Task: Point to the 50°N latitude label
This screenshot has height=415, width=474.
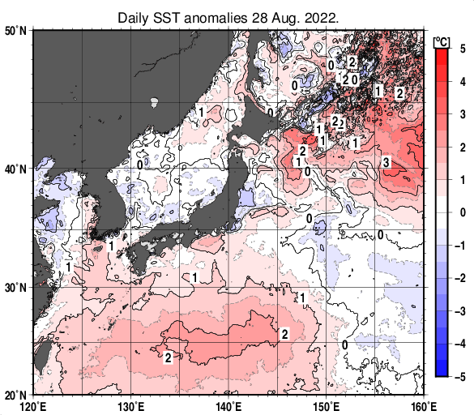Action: pyautogui.click(x=15, y=31)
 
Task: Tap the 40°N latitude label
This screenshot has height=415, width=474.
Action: pyautogui.click(x=15, y=169)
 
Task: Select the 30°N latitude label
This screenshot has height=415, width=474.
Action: pyautogui.click(x=15, y=288)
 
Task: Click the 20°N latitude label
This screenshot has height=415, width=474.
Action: pyautogui.click(x=15, y=395)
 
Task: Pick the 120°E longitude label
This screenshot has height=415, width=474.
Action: pyautogui.click(x=33, y=407)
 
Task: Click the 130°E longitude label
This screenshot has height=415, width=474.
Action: pyautogui.click(x=130, y=407)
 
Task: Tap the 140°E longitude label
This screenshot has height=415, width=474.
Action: pyautogui.click(x=228, y=407)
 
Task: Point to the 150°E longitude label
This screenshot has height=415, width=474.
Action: pyautogui.click(x=327, y=407)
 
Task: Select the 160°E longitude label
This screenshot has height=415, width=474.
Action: pyautogui.click(x=424, y=407)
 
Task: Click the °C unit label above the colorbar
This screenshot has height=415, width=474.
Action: pyautogui.click(x=442, y=42)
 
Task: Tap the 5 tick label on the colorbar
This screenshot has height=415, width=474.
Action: pyautogui.click(x=463, y=49)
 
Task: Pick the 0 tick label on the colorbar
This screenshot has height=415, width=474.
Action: pyautogui.click(x=463, y=212)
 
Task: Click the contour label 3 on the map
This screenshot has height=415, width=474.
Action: pyautogui.click(x=386, y=162)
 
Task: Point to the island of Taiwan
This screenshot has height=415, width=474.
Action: pyautogui.click(x=41, y=356)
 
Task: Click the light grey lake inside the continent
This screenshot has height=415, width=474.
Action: pyautogui.click(x=154, y=102)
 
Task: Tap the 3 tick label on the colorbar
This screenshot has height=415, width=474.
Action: pyautogui.click(x=463, y=114)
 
